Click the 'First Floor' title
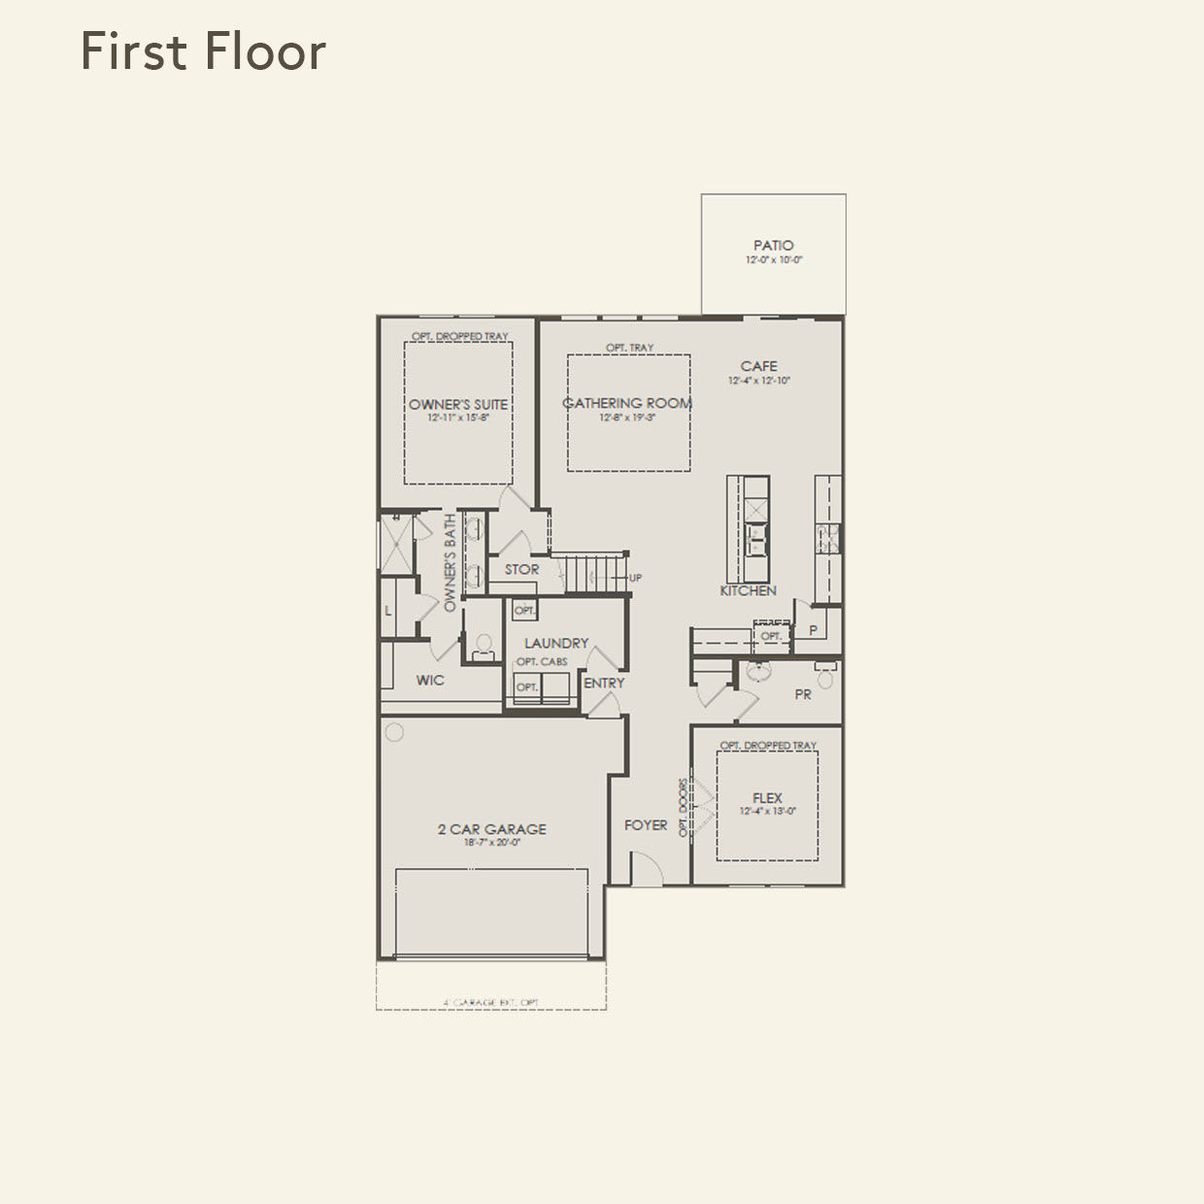click(203, 51)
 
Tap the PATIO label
click(773, 246)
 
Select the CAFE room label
click(758, 366)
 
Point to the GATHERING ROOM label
click(627, 403)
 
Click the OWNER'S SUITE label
click(458, 405)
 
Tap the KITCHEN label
click(748, 590)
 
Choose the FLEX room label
click(767, 798)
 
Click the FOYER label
click(646, 825)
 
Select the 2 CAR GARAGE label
click(491, 829)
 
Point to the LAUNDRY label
click(556, 643)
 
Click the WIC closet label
click(430, 680)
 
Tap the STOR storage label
click(521, 570)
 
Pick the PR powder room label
click(803, 694)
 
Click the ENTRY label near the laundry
click(604, 684)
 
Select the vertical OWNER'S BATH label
click(450, 563)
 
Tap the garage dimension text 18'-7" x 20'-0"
click(491, 843)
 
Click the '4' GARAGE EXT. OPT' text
click(491, 1002)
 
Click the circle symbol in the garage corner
click(394, 732)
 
